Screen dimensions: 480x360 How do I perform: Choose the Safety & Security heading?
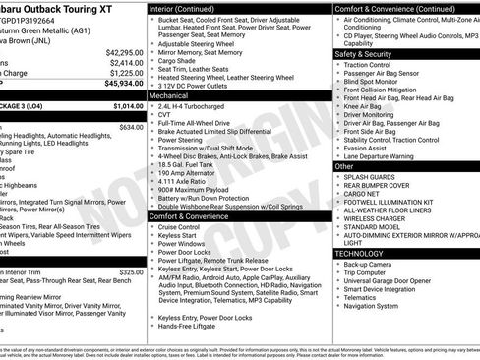point(364,54)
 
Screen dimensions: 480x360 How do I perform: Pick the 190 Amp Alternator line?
point(192,171)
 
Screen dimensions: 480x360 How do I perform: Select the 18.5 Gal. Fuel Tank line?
point(190,161)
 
